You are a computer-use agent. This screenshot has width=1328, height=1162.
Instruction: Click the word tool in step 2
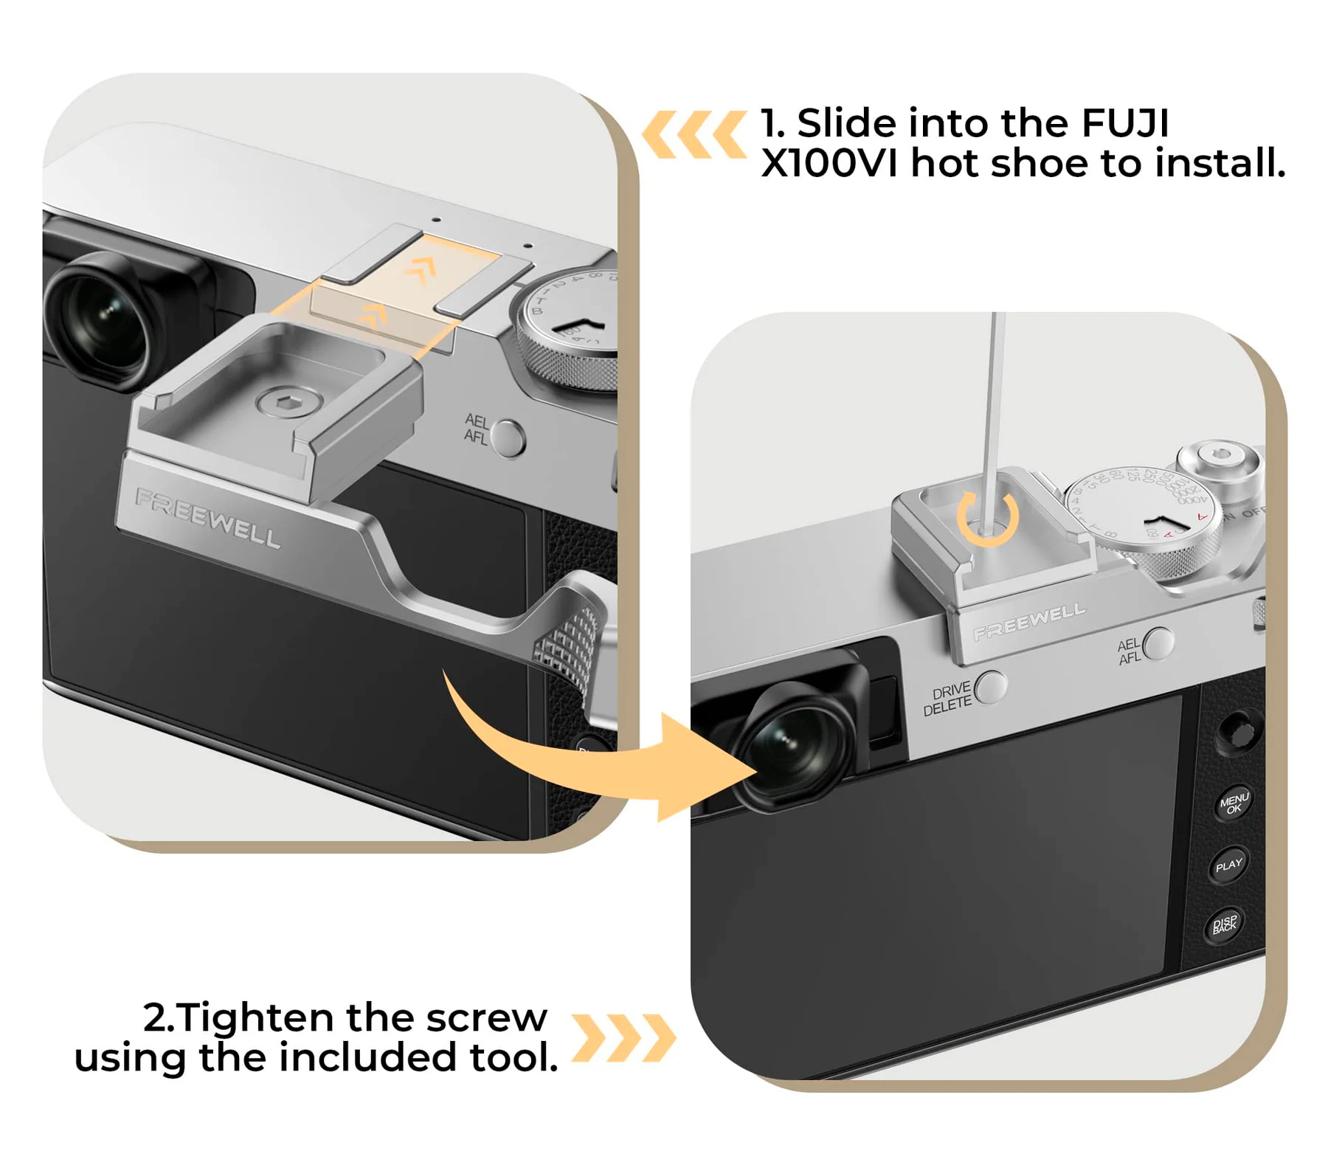(x=512, y=1057)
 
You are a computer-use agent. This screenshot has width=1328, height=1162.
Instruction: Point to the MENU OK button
(x=1232, y=803)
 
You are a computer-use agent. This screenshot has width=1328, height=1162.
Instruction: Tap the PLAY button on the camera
(x=1228, y=865)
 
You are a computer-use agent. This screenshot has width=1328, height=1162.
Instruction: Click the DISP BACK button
(x=1224, y=924)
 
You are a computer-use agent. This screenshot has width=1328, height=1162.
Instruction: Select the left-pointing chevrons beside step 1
(x=694, y=134)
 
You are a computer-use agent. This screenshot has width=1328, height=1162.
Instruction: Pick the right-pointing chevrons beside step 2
(x=623, y=1037)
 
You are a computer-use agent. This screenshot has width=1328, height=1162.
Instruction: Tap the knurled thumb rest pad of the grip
(x=572, y=634)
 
